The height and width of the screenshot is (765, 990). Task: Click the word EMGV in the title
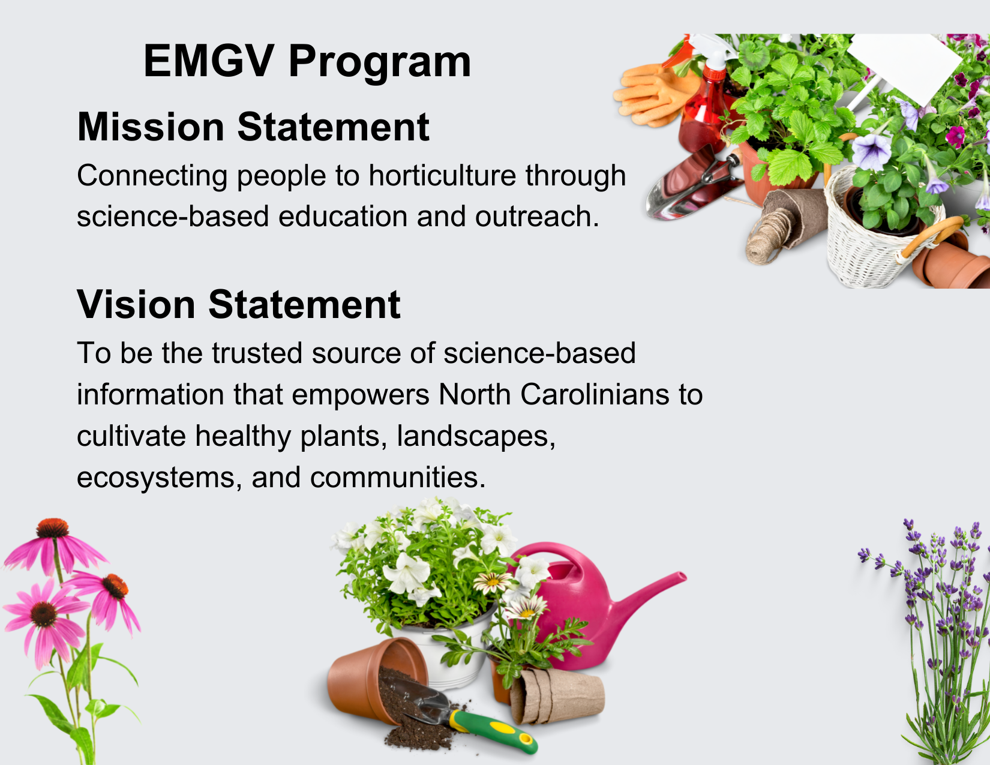point(209,61)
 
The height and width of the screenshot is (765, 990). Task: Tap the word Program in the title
point(380,64)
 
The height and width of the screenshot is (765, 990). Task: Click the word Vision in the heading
point(136,304)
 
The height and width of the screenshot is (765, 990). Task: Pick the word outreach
point(537,216)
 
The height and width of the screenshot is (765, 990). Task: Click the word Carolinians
point(595,394)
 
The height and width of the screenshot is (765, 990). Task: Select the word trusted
point(257,353)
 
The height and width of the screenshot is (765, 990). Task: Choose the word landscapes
point(476,437)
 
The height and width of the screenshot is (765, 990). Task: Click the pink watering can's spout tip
point(682,577)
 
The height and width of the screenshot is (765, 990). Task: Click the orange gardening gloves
point(656,94)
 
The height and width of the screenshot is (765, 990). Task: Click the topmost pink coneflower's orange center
point(53,527)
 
